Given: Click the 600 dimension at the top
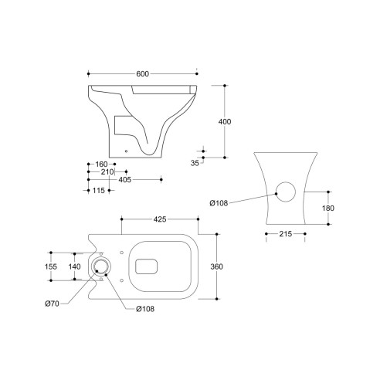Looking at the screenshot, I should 144,73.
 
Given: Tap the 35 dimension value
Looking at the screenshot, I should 195,164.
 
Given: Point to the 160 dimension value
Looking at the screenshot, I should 100,163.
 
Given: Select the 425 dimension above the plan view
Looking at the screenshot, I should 160,219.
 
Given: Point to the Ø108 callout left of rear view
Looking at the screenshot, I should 219,203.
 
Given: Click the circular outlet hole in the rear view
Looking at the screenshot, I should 286,192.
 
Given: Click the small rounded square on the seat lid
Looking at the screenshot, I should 144,267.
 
